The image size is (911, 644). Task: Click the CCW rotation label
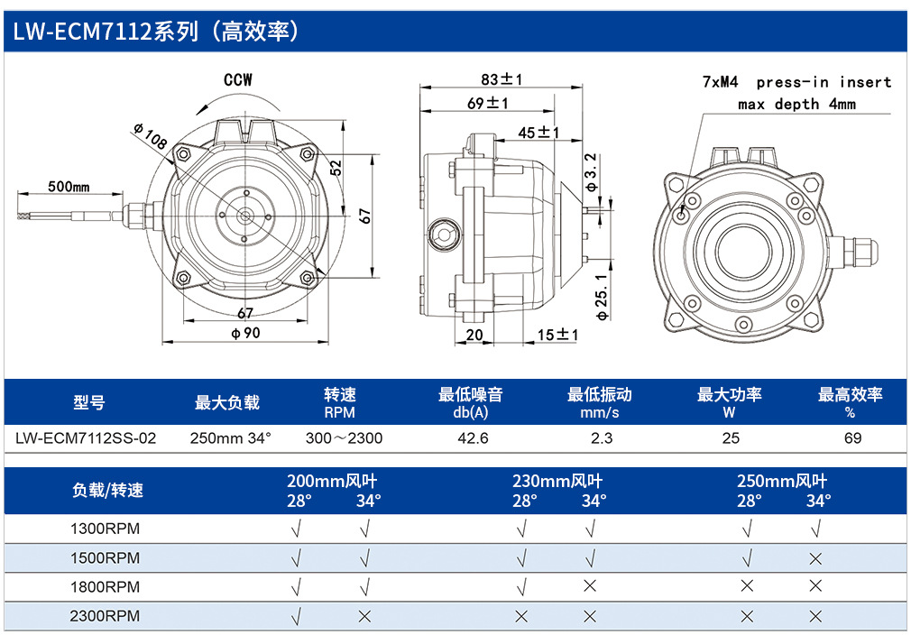pyautogui.click(x=238, y=79)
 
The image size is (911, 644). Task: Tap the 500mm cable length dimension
pyautogui.click(x=69, y=187)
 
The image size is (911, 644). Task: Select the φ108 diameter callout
pyautogui.click(x=151, y=136)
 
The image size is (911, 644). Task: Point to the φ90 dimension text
pyautogui.click(x=245, y=333)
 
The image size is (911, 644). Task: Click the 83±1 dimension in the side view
pyautogui.click(x=502, y=79)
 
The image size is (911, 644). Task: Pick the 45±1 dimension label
pyautogui.click(x=538, y=133)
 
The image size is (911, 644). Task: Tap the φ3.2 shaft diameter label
pyautogui.click(x=591, y=172)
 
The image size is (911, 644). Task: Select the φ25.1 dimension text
pyautogui.click(x=602, y=297)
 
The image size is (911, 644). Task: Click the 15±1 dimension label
pyautogui.click(x=557, y=335)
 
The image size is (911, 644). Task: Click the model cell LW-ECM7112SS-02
pyautogui.click(x=86, y=438)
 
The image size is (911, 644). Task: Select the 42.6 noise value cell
pyautogui.click(x=473, y=438)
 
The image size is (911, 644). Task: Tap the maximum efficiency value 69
pyautogui.click(x=853, y=438)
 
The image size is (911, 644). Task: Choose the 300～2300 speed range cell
pyautogui.click(x=344, y=438)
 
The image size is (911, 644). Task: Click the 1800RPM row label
pyautogui.click(x=106, y=587)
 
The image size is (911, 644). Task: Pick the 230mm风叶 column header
pyautogui.click(x=557, y=482)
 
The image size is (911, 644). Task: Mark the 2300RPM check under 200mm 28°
pyautogui.click(x=296, y=616)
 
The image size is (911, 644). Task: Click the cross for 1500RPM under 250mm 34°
pyautogui.click(x=815, y=558)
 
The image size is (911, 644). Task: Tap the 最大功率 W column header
pyautogui.click(x=730, y=403)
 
